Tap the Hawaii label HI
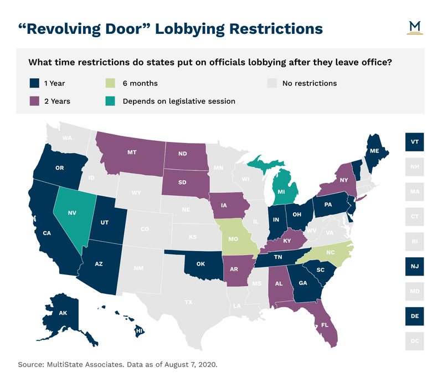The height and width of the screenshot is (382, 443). point(138,332)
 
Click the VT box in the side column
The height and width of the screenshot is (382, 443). point(414,141)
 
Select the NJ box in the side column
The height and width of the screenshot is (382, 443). point(414,266)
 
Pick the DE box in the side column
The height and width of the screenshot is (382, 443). point(414,315)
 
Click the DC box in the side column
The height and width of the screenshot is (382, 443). point(414,340)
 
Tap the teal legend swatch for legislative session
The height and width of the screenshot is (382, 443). point(111,101)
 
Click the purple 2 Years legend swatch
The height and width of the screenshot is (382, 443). point(34,101)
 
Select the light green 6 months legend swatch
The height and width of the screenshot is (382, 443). point(111,83)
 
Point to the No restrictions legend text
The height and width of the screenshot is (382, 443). point(309,83)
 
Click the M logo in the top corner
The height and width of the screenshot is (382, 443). point(414,27)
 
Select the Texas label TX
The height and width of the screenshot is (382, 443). point(189,302)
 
